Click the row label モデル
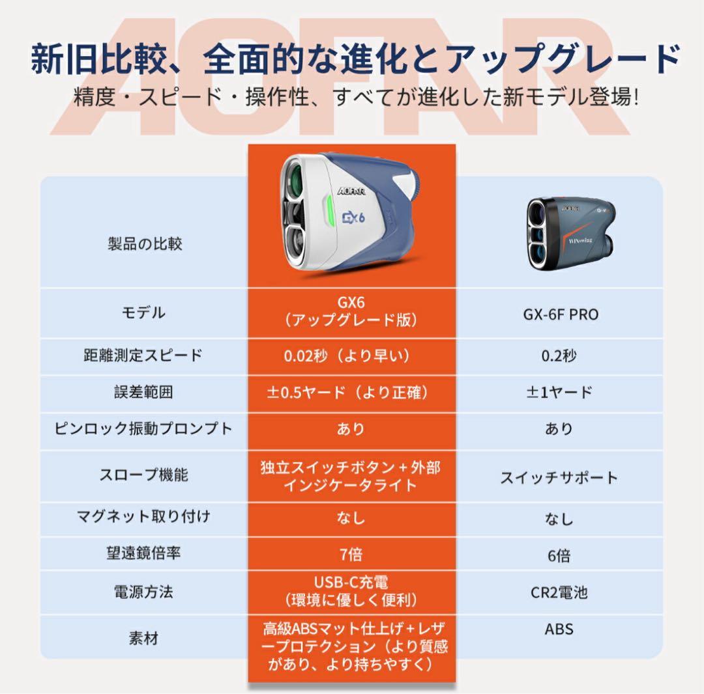click(x=143, y=312)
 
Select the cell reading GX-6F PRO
click(x=560, y=314)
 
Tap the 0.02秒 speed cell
click(x=351, y=356)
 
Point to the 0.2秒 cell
click(x=559, y=356)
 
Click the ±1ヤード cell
click(x=559, y=393)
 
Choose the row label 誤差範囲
click(x=143, y=392)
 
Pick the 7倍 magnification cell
click(x=351, y=554)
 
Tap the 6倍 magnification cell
click(x=559, y=555)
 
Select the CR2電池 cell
click(x=559, y=592)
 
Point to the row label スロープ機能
click(x=143, y=475)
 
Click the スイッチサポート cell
click(x=559, y=478)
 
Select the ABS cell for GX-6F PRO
click(x=559, y=630)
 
